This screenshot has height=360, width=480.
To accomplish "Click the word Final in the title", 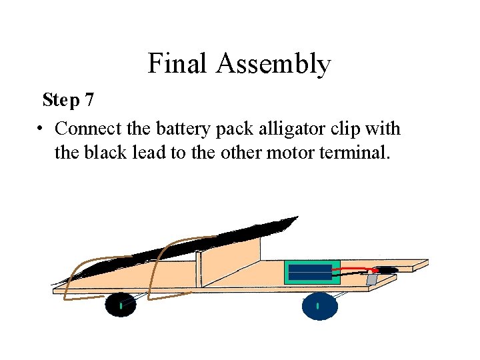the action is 176,64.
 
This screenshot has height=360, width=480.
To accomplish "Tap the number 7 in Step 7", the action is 89,101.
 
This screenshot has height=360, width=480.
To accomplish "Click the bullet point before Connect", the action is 41,128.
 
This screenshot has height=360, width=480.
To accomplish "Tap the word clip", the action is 357,129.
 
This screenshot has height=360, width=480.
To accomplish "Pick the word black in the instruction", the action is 103,153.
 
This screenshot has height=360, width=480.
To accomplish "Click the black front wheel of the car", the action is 121,305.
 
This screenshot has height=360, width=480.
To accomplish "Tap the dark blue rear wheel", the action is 319,305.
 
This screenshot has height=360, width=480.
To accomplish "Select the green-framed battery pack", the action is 312,272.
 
